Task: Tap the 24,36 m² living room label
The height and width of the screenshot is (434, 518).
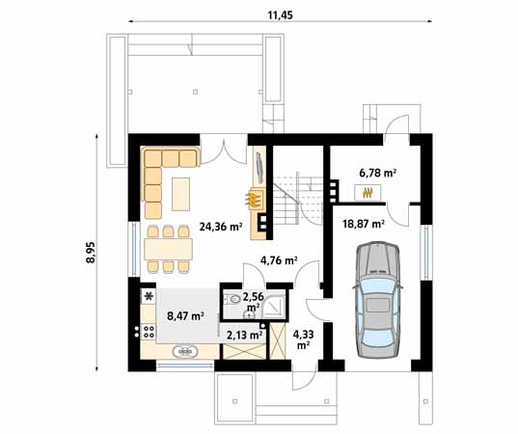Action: (x=218, y=228)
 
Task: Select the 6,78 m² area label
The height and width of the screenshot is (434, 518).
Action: (x=378, y=173)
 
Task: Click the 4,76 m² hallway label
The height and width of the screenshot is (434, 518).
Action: (x=279, y=260)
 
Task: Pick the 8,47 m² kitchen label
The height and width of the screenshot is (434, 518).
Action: (x=184, y=314)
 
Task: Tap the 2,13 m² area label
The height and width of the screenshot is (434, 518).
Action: (x=243, y=335)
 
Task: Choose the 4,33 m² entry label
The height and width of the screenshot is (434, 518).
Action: (x=303, y=338)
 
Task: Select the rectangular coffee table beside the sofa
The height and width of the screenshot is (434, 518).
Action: (x=182, y=194)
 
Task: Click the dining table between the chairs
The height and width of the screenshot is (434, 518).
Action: (x=170, y=248)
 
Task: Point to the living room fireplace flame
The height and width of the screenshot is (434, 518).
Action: (x=254, y=201)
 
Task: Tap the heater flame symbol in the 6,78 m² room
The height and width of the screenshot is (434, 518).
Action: (x=368, y=192)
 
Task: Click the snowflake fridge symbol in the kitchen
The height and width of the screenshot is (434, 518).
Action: (x=150, y=296)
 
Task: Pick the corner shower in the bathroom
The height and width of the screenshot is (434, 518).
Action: (x=273, y=304)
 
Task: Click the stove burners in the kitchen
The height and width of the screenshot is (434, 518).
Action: (x=149, y=332)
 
